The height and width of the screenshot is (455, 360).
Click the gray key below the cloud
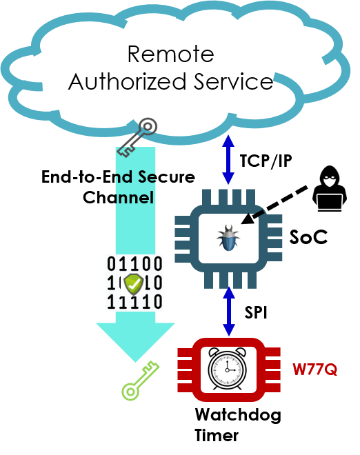pyautogui.click(x=137, y=138)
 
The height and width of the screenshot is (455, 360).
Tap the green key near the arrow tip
pyautogui.click(x=140, y=380)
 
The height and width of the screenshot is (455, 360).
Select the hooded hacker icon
pyautogui.click(x=329, y=188)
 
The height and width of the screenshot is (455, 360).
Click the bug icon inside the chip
pyautogui.click(x=228, y=239)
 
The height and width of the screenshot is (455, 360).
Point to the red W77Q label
pyautogui.click(x=314, y=370)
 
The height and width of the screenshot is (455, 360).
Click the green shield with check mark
pyautogui.click(x=134, y=283)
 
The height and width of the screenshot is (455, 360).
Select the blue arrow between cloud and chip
pyautogui.click(x=228, y=160)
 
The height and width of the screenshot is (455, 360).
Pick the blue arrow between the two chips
pyautogui.click(x=229, y=311)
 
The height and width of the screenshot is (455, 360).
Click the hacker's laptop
pyautogui.click(x=329, y=201)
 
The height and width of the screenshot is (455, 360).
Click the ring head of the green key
pyautogui.click(x=130, y=392)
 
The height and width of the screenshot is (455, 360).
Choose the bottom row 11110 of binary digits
pyautogui.click(x=134, y=302)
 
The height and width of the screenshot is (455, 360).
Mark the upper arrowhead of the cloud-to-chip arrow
pyautogui.click(x=228, y=141)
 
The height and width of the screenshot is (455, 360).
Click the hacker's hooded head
pyautogui.click(x=329, y=179)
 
